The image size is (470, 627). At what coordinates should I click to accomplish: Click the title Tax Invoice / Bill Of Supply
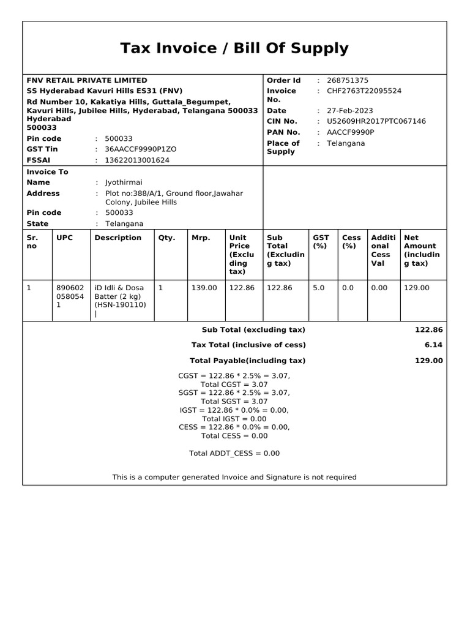[234, 48]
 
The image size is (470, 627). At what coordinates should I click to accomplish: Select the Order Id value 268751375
[348, 80]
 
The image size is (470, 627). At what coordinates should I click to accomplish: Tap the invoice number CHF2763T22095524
[364, 91]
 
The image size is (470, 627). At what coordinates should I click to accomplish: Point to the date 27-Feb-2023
[349, 111]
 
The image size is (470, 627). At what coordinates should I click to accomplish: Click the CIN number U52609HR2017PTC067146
[376, 121]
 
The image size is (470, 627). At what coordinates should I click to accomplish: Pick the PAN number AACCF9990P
[351, 132]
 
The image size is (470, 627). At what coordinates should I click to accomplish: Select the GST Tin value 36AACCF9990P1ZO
[141, 149]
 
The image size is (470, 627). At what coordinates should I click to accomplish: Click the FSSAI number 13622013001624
[137, 160]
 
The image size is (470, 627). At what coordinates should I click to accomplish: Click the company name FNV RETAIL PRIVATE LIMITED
[87, 80]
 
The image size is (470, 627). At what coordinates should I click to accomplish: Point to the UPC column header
[64, 238]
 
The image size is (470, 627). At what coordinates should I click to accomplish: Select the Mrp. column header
[201, 238]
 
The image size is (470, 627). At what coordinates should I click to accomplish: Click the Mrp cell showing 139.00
[204, 287]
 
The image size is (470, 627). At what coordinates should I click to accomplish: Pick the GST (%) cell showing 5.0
[319, 287]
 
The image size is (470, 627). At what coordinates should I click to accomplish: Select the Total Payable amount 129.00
[428, 361]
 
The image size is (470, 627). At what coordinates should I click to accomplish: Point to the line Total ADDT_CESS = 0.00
[234, 453]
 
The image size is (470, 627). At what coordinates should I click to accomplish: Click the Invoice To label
[48, 172]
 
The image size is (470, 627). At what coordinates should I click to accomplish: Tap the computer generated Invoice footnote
[234, 477]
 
